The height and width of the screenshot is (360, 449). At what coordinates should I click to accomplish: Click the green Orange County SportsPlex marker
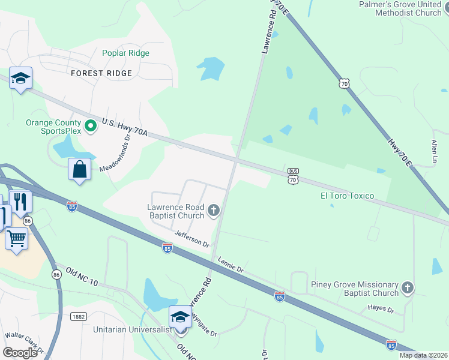91,126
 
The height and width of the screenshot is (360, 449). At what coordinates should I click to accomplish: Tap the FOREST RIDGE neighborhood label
101,73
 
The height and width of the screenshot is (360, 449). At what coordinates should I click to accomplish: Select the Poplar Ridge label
125,53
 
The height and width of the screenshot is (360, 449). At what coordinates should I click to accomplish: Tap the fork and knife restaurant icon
22,202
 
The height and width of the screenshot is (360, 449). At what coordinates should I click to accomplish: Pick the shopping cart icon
16,238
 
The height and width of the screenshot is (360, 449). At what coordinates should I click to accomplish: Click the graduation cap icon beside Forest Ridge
20,78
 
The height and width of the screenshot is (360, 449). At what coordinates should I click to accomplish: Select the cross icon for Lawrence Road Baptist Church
213,210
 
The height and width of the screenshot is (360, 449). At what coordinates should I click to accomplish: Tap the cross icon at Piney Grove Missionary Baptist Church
408,287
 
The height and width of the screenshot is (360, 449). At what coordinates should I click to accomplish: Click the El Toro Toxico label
348,196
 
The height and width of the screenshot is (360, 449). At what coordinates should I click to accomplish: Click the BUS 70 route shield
293,175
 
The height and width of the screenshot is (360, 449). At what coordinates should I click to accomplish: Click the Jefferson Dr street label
191,239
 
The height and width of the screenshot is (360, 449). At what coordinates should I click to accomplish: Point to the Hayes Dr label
381,310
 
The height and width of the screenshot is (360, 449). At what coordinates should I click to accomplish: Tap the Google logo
20,353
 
